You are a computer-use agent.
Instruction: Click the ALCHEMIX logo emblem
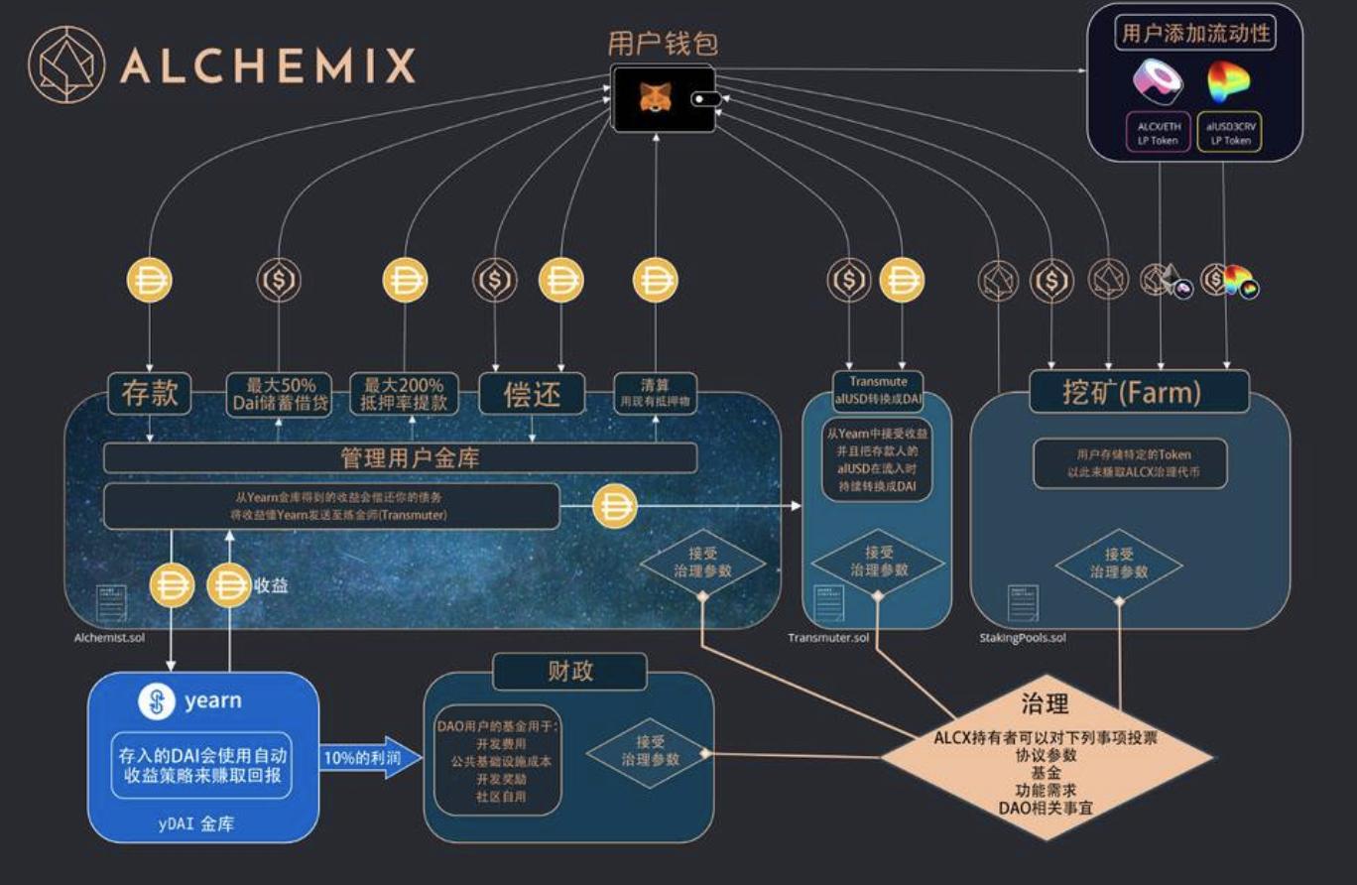65,64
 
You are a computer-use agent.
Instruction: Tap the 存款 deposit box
150,394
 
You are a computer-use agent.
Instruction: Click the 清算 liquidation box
655,394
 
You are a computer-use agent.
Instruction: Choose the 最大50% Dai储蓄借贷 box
278,394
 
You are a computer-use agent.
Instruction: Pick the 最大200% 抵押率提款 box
405,394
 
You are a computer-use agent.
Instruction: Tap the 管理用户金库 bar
400,458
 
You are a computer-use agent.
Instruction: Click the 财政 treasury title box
569,671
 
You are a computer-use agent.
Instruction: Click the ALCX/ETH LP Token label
1159,132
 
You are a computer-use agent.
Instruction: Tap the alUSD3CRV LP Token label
1230,132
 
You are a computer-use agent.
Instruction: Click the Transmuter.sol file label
828,637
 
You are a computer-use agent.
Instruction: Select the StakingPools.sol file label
1016,637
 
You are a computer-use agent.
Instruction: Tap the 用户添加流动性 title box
1194,34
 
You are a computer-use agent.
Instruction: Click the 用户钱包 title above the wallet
662,44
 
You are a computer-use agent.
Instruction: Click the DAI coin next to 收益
229,585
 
